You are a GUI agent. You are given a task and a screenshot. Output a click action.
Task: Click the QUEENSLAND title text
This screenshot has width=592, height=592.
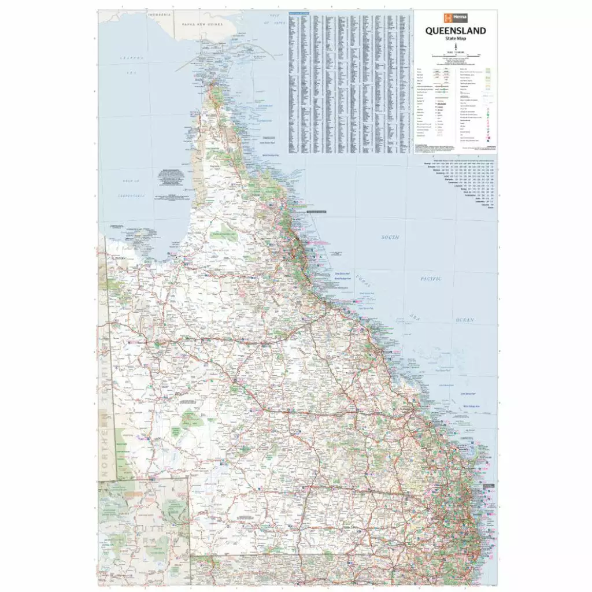456,31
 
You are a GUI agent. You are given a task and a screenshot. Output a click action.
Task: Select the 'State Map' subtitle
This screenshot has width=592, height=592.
456,39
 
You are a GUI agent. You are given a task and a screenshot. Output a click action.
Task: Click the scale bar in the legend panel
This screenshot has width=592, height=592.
456,54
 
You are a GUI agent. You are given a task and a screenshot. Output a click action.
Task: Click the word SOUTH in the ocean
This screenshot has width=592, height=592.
391,238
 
